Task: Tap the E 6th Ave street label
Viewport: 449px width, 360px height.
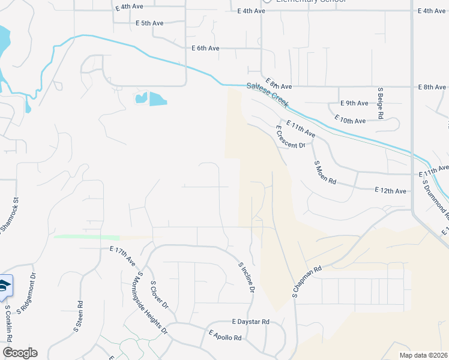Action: pyautogui.click(x=205, y=48)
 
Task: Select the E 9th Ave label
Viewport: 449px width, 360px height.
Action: pyautogui.click(x=354, y=103)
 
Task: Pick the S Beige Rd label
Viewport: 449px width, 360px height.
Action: pyautogui.click(x=380, y=103)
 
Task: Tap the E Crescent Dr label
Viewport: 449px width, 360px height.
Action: pyautogui.click(x=291, y=137)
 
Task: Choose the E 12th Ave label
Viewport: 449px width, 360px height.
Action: pyautogui.click(x=390, y=190)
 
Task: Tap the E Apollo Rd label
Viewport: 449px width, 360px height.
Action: pyautogui.click(x=225, y=335)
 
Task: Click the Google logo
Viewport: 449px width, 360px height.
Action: pyautogui.click(x=20, y=353)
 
